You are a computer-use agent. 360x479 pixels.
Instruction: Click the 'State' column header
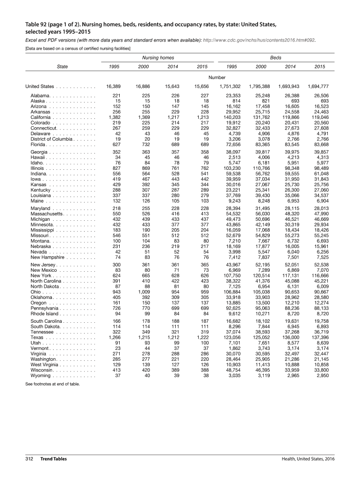pyautogui.click(x=62, y=67)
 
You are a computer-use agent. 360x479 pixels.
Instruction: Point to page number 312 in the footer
pyautogui.click(x=29, y=459)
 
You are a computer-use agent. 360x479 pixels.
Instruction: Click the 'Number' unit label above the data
pyautogui.click(x=217, y=77)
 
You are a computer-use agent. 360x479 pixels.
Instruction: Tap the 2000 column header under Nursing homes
pyautogui.click(x=143, y=67)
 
